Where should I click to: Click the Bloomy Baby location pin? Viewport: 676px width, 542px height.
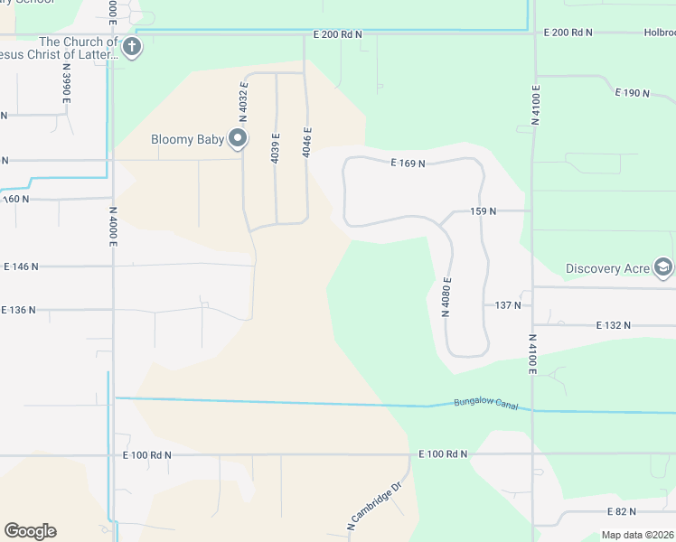(x=238, y=138)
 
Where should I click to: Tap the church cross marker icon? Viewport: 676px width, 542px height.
(x=132, y=47)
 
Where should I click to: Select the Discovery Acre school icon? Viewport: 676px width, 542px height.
(x=664, y=267)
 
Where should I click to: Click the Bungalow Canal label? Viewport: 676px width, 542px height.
(x=486, y=403)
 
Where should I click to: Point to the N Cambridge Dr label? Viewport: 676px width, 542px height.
(x=373, y=511)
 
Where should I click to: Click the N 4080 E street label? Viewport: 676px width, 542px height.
(x=446, y=297)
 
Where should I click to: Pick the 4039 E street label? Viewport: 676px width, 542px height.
(x=276, y=148)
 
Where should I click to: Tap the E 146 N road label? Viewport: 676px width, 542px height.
(x=23, y=266)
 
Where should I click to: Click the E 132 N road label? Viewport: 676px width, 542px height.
(x=614, y=324)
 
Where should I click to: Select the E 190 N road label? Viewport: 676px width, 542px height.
(x=633, y=92)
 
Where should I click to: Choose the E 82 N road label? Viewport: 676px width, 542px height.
(x=619, y=512)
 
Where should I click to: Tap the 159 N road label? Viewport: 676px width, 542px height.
(x=484, y=210)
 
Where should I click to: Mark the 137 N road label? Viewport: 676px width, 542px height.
(x=508, y=305)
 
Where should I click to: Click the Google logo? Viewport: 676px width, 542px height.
(x=30, y=531)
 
